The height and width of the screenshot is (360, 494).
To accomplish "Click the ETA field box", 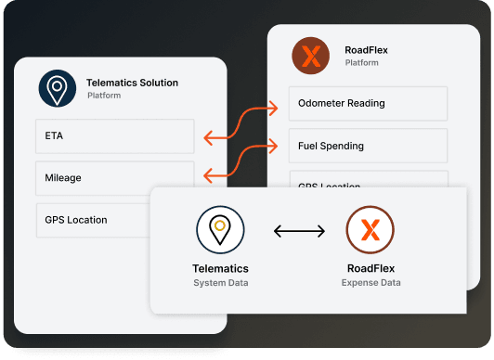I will point(114,135).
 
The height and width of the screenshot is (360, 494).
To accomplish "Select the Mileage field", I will point(114,177).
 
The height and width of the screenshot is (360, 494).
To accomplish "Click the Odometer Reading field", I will point(368,103).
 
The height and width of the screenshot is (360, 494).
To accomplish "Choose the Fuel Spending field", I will point(368,146).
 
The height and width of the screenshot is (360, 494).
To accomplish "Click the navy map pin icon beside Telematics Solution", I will point(57,88).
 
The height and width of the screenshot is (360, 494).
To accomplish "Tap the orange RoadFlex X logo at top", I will point(310,56).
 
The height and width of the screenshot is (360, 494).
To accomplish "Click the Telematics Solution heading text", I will point(132,83).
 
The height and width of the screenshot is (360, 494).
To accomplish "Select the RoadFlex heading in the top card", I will point(367,51).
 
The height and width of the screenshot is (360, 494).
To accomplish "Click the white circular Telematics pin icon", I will point(220,229).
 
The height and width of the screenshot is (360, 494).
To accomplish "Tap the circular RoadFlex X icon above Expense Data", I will point(370,229).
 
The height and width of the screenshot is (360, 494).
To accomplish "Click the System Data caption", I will point(220,282).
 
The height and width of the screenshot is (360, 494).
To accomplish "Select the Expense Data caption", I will point(370,282).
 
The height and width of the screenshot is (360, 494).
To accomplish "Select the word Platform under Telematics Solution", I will point(105,96).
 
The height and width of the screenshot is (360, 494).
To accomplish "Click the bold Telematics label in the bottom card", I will point(220,269).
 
